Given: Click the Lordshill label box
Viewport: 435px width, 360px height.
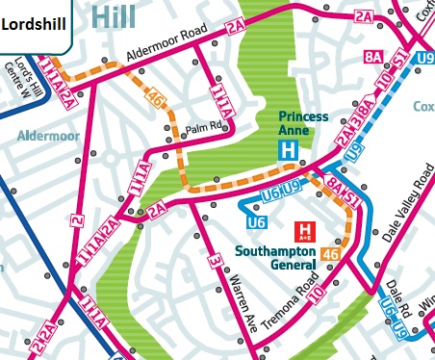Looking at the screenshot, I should pos(34,25).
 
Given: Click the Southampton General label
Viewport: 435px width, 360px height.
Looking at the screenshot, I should pos(275,258).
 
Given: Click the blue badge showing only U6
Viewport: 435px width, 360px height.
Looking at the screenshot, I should pos(256,222).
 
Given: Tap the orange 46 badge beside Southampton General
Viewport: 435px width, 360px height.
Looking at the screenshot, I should pos(332,252).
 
